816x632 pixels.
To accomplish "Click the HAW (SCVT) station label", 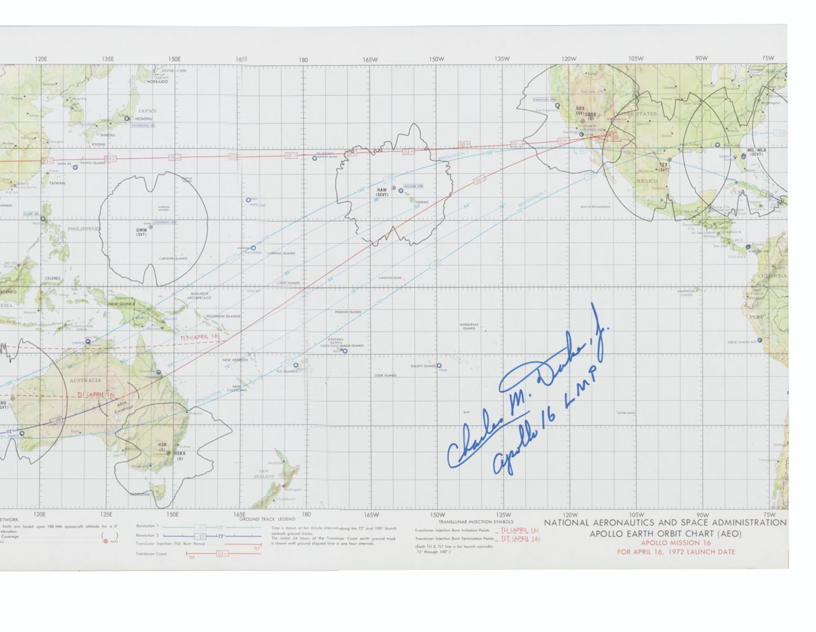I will tap(382, 192).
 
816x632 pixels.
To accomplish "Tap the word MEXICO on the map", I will tap(647, 181).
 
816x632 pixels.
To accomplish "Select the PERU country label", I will tap(757, 317).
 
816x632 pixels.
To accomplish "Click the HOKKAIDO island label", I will tap(157, 81).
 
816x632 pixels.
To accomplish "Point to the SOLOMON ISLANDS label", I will tap(223, 316).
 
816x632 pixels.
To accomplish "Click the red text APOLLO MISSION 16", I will tap(675, 543).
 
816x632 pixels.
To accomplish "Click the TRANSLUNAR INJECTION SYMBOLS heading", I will tap(476, 522).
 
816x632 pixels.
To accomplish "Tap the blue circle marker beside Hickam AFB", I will tap(401, 191).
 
